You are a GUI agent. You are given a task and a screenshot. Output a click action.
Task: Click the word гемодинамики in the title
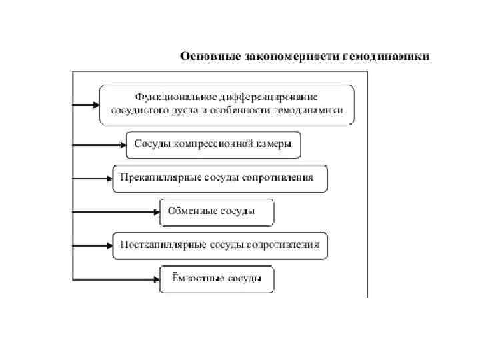(x=386, y=56)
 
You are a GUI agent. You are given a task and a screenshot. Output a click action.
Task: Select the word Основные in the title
(x=204, y=56)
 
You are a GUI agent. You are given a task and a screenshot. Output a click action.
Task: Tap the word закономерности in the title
(x=285, y=56)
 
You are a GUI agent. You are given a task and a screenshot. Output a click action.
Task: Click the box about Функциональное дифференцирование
(x=227, y=105)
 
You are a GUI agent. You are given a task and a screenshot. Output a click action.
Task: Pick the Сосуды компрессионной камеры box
(x=213, y=145)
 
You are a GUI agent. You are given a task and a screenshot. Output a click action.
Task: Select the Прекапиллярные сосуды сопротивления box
(x=220, y=179)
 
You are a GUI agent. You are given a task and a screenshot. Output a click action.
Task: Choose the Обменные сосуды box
(x=217, y=212)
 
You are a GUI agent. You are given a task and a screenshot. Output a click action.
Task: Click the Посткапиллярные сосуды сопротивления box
(x=220, y=245)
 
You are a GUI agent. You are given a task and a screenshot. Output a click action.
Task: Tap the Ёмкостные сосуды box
(x=217, y=279)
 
